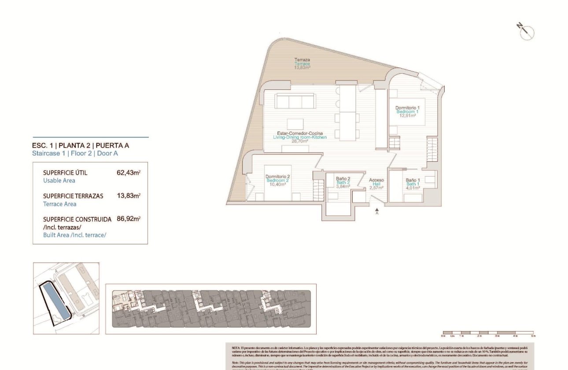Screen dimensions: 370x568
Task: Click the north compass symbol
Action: [526, 32]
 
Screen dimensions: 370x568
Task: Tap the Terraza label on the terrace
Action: [302, 60]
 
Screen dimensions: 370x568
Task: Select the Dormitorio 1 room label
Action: [407, 108]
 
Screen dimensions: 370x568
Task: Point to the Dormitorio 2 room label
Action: [277, 177]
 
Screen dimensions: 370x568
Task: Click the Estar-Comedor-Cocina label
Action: [300, 133]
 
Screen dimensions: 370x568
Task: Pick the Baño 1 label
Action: [413, 180]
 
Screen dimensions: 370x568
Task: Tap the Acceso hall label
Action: [376, 180]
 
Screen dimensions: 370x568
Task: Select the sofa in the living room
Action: [295, 101]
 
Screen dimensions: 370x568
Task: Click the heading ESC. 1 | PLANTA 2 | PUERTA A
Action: [81, 145]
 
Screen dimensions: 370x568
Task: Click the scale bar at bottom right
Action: [488, 333]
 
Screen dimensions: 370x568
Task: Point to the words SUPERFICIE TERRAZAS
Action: [73, 196]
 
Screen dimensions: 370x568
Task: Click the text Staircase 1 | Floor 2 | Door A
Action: [75, 154]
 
